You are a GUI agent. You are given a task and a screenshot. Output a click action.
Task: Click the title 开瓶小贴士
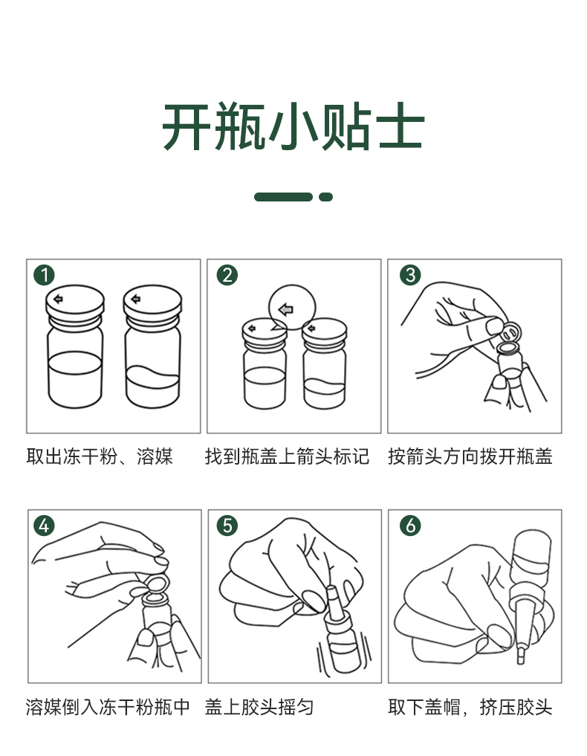293,127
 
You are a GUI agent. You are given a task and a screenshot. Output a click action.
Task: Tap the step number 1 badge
44,275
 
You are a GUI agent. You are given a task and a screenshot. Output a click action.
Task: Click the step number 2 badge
227,275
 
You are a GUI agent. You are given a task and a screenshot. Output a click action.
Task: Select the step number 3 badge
410,275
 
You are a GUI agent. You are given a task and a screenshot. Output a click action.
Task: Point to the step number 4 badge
44,525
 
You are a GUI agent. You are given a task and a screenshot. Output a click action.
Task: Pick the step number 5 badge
227,525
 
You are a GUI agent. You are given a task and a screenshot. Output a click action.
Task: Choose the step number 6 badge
410,525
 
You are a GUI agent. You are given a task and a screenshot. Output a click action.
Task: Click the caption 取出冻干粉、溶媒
100,456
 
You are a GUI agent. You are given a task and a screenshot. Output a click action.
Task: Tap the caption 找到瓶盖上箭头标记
288,456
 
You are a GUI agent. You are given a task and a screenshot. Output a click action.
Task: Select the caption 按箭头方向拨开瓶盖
470,456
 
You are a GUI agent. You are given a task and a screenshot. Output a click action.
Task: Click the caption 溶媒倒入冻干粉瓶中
108,707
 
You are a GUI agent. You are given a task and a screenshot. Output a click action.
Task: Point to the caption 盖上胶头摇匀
259,707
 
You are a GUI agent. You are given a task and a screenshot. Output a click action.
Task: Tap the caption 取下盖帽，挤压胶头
470,707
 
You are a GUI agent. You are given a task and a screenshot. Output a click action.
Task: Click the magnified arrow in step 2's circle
286,309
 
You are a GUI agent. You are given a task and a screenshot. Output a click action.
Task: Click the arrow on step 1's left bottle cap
58,299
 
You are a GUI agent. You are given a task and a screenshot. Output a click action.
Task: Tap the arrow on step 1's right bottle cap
135,299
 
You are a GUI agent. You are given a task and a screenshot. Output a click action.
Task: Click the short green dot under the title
325,197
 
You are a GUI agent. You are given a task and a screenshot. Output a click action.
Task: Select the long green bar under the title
283,197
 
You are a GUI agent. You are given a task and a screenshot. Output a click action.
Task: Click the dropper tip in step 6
520,656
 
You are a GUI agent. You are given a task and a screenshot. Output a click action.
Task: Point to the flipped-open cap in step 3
511,332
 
